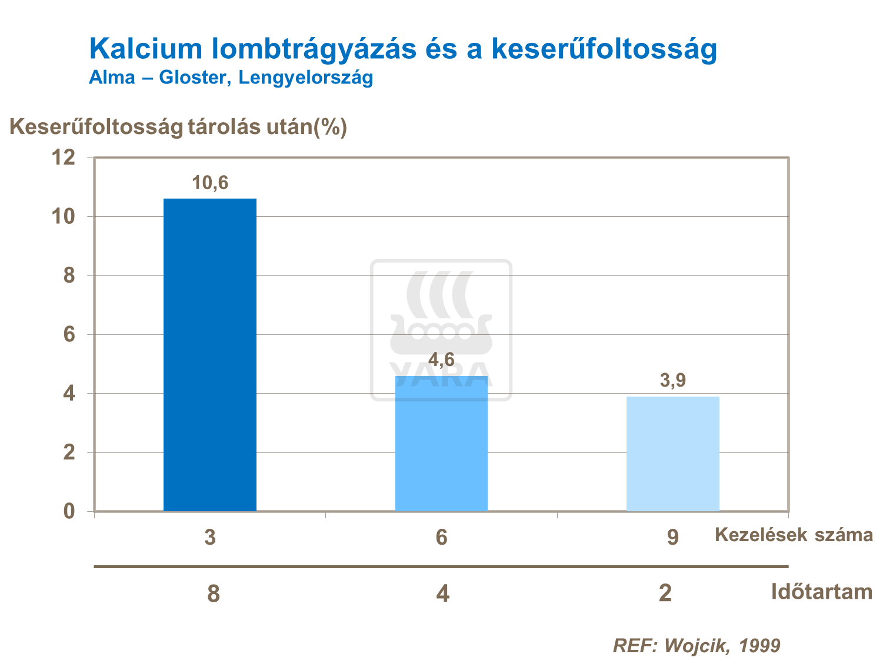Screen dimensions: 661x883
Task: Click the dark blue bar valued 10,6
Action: click(x=210, y=354)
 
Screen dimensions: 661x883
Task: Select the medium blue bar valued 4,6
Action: click(x=441, y=443)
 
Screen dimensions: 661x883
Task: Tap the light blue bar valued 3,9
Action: click(x=672, y=454)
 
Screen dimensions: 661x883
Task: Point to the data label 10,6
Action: click(x=210, y=183)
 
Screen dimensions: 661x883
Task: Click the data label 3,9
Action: click(x=672, y=380)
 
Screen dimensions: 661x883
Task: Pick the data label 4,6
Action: click(x=441, y=359)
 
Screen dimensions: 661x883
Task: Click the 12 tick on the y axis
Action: click(x=64, y=157)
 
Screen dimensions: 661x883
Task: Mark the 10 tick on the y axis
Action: click(x=64, y=216)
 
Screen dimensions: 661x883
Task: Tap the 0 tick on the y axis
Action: click(x=69, y=511)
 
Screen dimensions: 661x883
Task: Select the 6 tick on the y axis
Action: click(x=69, y=334)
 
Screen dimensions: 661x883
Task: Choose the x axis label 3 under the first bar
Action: click(x=210, y=537)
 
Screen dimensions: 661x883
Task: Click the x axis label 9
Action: click(x=672, y=537)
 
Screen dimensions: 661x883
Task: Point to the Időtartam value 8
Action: click(x=214, y=593)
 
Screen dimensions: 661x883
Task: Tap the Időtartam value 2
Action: click(x=665, y=593)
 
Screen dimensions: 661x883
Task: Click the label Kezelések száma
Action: click(x=794, y=535)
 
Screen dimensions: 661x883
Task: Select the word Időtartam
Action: click(x=821, y=592)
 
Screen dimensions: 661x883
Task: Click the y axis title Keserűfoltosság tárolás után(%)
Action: click(x=178, y=126)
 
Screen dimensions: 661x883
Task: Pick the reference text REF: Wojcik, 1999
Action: click(x=697, y=645)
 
